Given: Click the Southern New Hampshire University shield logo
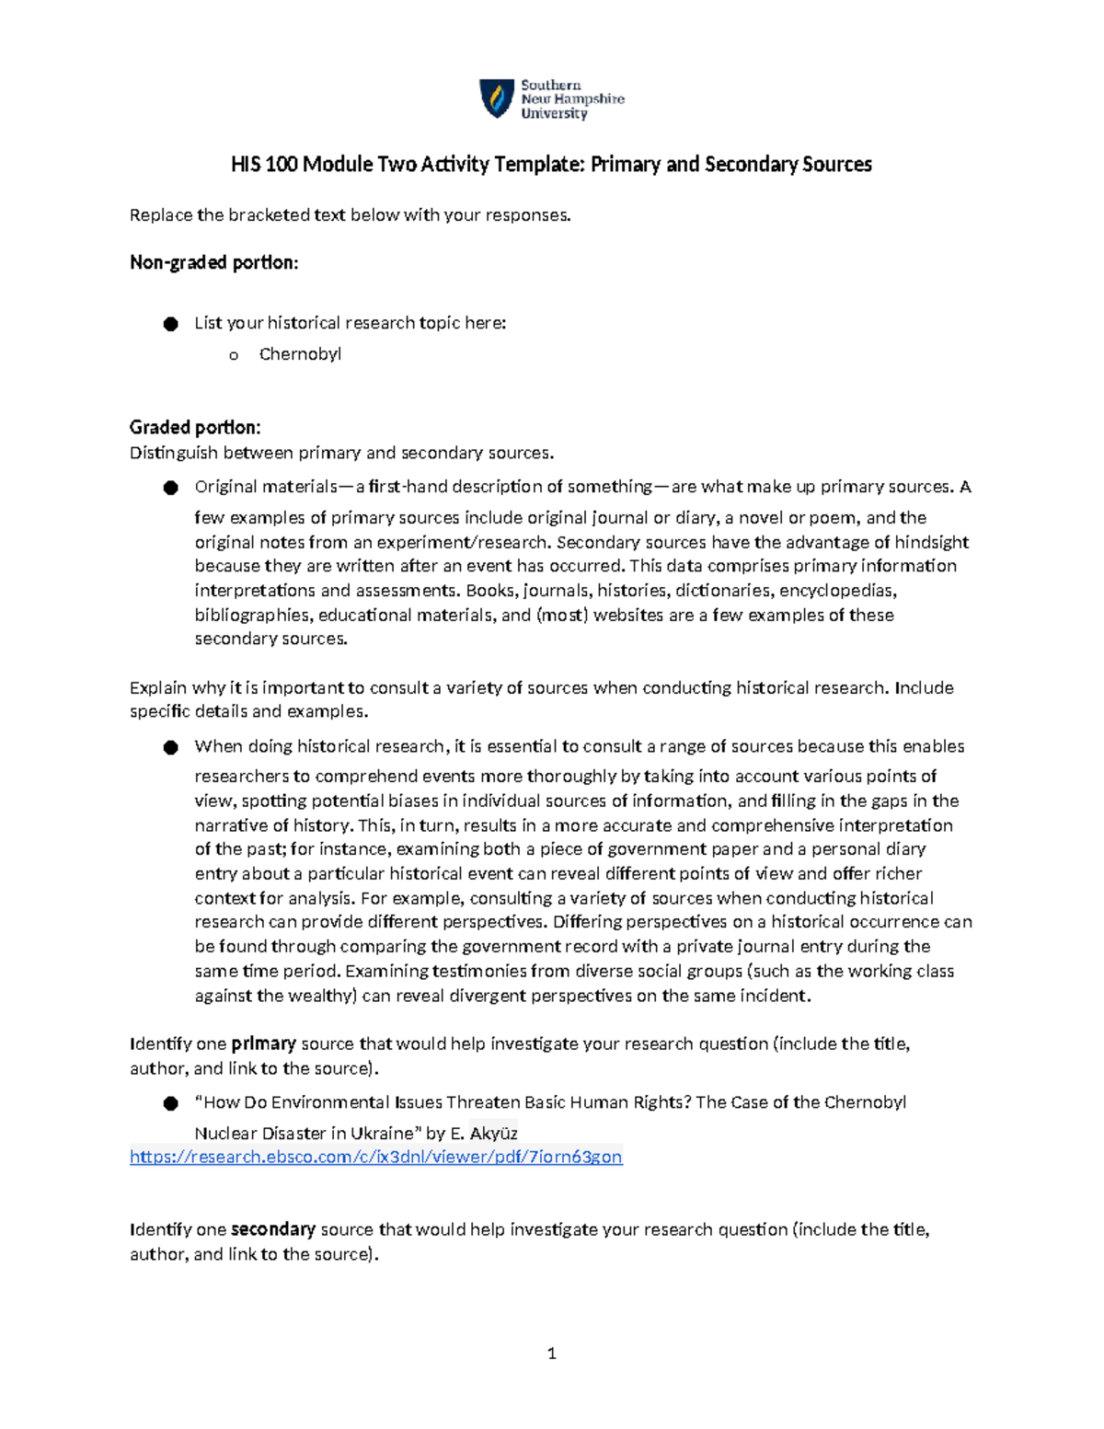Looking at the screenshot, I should pos(496,98).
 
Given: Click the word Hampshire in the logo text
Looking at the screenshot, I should pos(589,98).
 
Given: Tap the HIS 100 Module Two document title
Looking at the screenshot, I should pos(551,165).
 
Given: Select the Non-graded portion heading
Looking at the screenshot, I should pos(213,262).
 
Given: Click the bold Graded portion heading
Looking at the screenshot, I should pos(195,427).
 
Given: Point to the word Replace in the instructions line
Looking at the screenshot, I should pos(161,215).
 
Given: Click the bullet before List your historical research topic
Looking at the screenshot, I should pos(170,324).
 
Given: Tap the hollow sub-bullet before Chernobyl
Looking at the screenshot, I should pos(234,355).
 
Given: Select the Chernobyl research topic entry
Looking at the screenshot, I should pos(300,354).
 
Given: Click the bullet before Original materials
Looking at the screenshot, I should pos(170,488).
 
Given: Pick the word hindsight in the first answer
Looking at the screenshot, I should pos(932,542).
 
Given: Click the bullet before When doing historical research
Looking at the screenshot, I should pos(170,747).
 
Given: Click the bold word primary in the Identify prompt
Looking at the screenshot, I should pos(263,1043).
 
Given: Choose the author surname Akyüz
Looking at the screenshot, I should pos(493,1133).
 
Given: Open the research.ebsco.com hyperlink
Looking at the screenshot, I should pos(375,1157).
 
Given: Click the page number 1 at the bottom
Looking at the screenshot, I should pos(551,1353).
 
